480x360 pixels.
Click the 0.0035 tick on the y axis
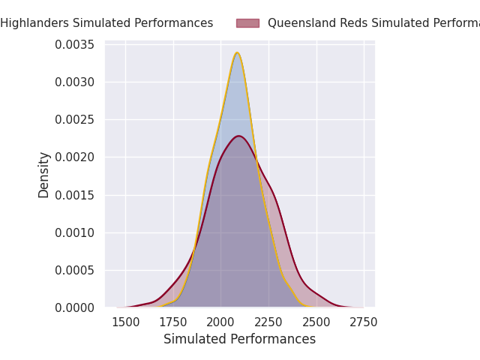tap(74, 44)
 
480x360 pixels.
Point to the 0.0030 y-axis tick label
tap(74, 82)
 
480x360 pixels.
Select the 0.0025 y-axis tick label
tap(74, 119)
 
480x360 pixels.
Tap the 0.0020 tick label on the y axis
tap(74, 157)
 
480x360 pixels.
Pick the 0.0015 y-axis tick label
tap(74, 195)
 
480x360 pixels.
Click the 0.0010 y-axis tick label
tap(74, 232)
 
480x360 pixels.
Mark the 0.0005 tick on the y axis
tap(74, 270)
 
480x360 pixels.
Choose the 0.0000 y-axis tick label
tap(74, 307)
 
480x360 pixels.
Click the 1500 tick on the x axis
tap(125, 322)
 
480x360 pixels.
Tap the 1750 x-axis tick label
tap(173, 322)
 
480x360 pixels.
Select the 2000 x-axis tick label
tap(220, 322)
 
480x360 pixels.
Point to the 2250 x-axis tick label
tap(268, 322)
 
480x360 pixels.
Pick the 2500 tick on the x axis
tap(316, 322)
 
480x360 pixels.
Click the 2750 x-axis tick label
tap(364, 322)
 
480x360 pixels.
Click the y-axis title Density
tap(43, 174)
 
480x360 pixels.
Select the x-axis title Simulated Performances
tap(239, 339)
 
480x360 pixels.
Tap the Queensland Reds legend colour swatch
tap(247, 23)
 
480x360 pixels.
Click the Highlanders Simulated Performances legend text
tap(106, 23)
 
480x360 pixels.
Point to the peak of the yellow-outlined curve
tap(237, 52)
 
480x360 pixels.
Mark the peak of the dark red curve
tap(238, 136)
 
